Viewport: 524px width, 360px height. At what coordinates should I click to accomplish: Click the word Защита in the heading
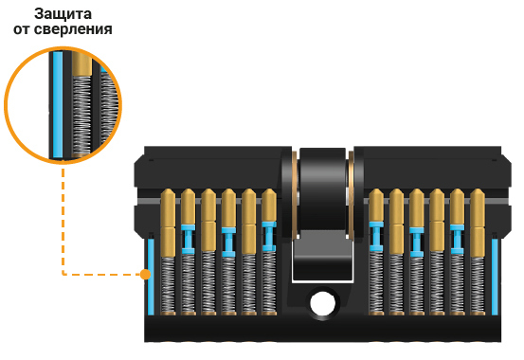[x=63, y=14]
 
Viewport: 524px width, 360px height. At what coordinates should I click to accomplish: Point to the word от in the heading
[x=22, y=29]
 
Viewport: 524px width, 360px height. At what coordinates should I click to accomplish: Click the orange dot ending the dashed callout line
[x=145, y=274]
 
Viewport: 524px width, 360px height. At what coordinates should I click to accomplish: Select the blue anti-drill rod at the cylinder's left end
[x=151, y=277]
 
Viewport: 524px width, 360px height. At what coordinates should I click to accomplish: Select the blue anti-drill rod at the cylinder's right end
[x=495, y=277]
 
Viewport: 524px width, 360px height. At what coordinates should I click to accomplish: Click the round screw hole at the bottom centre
[x=322, y=303]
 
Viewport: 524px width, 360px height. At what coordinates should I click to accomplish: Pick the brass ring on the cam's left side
[x=295, y=195]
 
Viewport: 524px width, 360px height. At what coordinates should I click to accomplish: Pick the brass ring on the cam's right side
[x=351, y=195]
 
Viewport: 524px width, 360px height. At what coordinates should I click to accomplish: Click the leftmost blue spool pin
[x=189, y=240]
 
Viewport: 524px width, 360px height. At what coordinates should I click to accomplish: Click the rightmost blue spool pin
[x=457, y=240]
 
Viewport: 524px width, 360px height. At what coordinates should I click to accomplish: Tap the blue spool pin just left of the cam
[x=269, y=236]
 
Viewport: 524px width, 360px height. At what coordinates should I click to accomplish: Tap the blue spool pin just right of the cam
[x=376, y=236]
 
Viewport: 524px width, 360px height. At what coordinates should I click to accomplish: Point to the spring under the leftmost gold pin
[x=168, y=284]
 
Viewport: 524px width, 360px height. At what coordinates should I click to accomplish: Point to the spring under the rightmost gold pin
[x=478, y=284]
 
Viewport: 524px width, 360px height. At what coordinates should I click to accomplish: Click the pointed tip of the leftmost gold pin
[x=168, y=189]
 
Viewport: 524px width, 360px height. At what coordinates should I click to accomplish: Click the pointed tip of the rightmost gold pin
[x=478, y=189]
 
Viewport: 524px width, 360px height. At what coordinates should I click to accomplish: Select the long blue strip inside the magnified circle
[x=58, y=104]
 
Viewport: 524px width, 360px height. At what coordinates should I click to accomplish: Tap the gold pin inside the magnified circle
[x=81, y=63]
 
